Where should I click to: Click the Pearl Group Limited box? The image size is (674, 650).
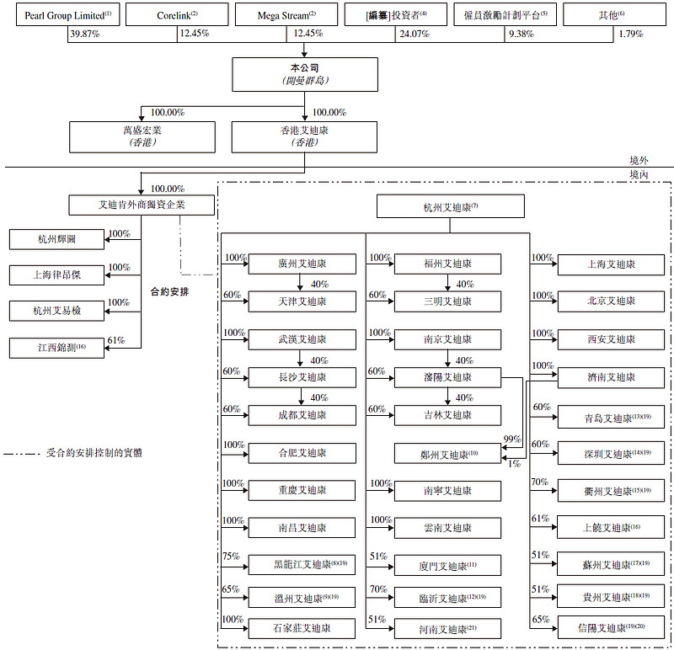63,15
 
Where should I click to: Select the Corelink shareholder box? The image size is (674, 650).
177,15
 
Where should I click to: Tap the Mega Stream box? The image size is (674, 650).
287,15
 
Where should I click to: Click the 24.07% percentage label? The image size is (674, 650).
413,34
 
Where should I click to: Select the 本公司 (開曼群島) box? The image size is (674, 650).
304,74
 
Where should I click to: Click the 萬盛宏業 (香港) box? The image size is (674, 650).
139,136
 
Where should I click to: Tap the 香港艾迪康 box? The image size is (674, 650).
304,136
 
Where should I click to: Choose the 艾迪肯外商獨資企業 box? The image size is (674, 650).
140,205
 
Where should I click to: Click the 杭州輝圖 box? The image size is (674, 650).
57,239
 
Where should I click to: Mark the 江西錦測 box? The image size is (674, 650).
57,347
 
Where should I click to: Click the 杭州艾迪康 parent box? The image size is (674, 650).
452,206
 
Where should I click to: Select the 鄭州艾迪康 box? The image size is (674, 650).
447,453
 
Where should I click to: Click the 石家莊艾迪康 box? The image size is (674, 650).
302,627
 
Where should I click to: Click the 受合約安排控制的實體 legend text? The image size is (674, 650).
94,452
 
